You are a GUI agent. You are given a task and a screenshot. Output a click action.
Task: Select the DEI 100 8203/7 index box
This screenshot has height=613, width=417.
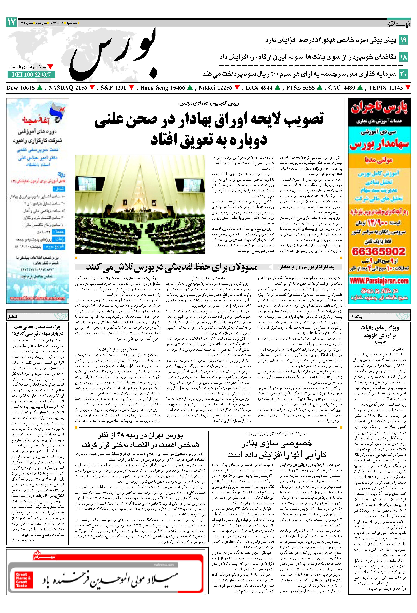coord(31,75)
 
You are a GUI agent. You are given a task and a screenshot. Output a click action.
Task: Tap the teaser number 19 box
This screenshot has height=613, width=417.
coord(403,40)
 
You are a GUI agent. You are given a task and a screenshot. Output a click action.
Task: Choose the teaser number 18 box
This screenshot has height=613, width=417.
coord(403,57)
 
